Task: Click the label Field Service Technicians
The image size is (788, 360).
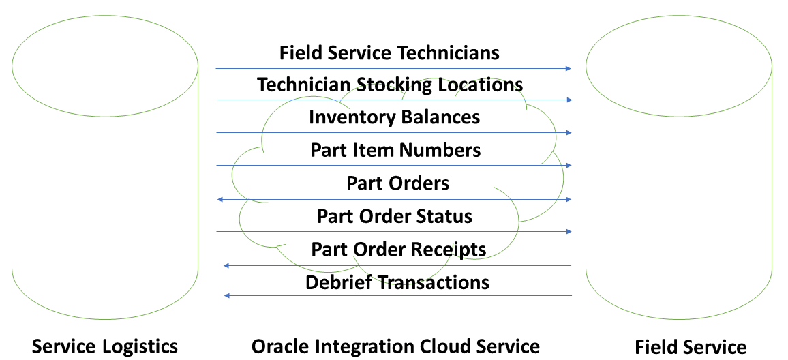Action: coord(389,52)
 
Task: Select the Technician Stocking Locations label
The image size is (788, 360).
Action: coord(390,85)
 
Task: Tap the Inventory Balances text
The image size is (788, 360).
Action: coord(394,117)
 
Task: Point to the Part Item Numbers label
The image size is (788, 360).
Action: coord(395,149)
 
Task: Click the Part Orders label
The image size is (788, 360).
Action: coord(397,183)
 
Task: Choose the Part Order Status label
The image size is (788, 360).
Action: coord(394,216)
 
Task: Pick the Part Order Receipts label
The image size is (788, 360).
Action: coord(398,249)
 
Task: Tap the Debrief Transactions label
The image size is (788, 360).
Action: coord(397,282)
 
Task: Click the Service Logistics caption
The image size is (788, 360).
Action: coord(105,346)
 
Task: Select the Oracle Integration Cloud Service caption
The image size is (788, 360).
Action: coord(395,346)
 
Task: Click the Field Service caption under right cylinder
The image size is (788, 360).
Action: coord(690,346)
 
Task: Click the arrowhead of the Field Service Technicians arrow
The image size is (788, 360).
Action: coord(569,68)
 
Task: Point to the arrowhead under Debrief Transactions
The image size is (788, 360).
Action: coord(228,295)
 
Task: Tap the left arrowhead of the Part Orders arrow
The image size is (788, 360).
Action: coord(219,199)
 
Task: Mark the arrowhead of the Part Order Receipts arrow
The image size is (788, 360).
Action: coord(226,265)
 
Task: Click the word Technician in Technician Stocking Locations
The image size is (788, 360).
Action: coord(303,85)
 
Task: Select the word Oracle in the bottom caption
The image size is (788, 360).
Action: coord(277,346)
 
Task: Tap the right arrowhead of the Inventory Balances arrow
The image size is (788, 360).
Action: coord(569,132)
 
